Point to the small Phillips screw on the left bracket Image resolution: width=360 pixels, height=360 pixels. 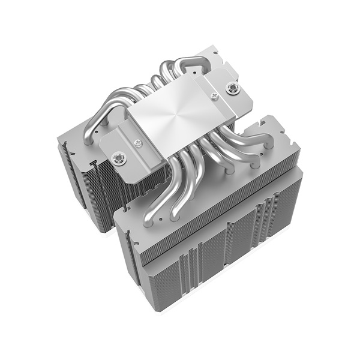138,142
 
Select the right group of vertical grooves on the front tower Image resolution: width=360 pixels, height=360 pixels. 264,222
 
